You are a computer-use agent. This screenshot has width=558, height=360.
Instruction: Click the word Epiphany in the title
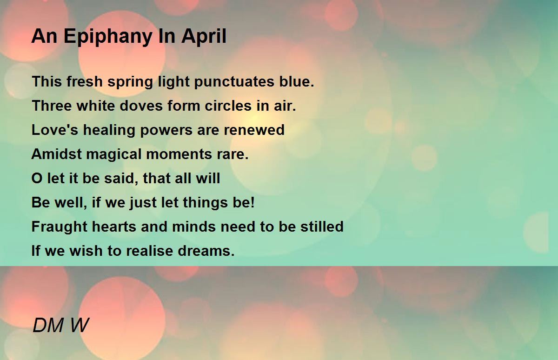(x=108, y=37)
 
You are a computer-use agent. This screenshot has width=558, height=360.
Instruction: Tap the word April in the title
(x=204, y=36)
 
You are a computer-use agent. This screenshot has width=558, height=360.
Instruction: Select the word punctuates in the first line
(x=234, y=82)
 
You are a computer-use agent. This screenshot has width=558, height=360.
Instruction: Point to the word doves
(x=141, y=106)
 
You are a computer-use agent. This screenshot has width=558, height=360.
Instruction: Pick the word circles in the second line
(x=228, y=106)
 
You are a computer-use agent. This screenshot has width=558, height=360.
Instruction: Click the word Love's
(x=55, y=130)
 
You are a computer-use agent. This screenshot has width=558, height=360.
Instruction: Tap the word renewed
(x=254, y=130)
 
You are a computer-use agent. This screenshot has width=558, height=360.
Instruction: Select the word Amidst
(x=57, y=153)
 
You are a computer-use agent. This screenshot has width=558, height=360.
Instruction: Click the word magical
(x=114, y=154)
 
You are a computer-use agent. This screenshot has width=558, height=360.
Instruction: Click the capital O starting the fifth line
(x=37, y=178)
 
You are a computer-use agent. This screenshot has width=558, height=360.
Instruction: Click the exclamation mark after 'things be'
(x=253, y=202)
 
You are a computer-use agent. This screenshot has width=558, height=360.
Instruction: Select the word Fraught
(x=60, y=227)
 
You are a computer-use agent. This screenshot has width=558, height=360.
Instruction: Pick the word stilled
(x=322, y=226)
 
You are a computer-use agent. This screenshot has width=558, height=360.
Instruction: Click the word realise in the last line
(x=149, y=250)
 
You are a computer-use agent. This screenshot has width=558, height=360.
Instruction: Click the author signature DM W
(x=60, y=325)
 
